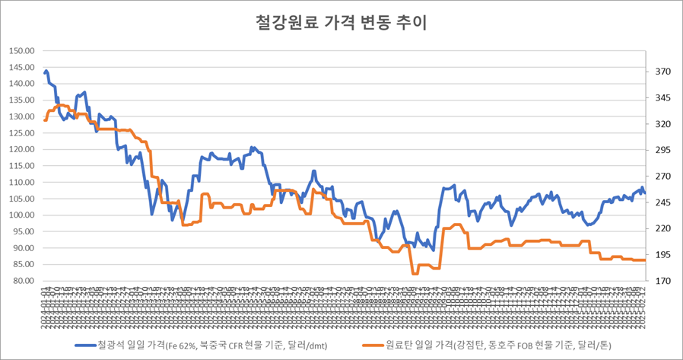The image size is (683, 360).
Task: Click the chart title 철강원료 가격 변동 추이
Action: (341, 21)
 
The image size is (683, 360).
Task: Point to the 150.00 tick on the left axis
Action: (23, 51)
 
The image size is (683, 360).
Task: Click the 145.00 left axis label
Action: (23, 68)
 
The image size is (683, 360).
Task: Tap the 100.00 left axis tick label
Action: (23, 215)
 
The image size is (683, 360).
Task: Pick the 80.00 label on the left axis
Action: (24, 281)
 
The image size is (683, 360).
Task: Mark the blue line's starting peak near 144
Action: (46, 72)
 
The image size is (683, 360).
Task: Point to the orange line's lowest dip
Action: (415, 273)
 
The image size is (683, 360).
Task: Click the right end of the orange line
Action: (645, 260)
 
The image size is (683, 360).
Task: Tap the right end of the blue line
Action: (645, 193)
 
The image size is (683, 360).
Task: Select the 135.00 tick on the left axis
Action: (23, 100)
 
